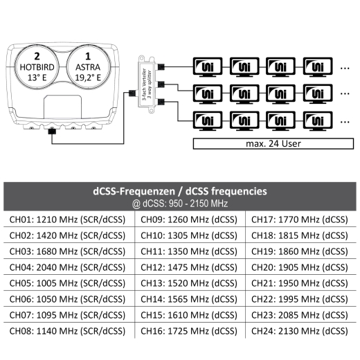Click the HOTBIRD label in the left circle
(x=37, y=67)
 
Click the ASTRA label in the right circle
(x=88, y=67)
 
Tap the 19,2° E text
(x=88, y=78)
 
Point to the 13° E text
(x=37, y=78)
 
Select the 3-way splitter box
(x=147, y=84)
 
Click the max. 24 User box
(x=273, y=143)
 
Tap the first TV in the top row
(x=208, y=67)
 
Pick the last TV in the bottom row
(x=318, y=121)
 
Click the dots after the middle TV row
(x=345, y=93)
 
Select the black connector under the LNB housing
(x=52, y=132)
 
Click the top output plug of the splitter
(x=161, y=67)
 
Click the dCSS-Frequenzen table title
(x=180, y=191)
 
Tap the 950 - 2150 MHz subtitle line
(x=180, y=204)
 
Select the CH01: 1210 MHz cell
(x=67, y=219)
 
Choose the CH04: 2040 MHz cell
(x=67, y=267)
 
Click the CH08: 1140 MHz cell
(x=67, y=331)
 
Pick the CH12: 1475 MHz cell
(x=189, y=267)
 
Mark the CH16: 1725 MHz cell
(x=189, y=331)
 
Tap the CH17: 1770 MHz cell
(x=300, y=219)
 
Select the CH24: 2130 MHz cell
(x=300, y=331)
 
